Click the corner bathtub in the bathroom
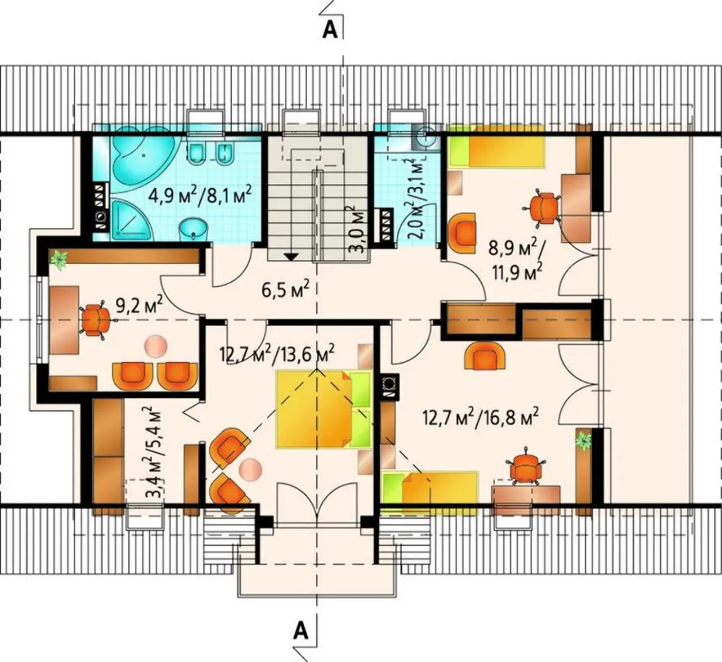coord(141,163)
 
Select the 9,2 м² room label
coord(139,305)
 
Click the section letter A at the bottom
coord(300,629)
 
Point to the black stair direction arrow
coord(291,257)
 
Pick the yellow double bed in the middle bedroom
coord(323,409)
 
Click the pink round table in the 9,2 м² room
coord(155,345)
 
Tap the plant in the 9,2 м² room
coord(59,259)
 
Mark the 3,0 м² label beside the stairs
coord(357,230)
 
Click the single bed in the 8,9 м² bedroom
coord(497,146)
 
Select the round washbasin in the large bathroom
coord(193,228)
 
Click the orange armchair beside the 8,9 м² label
coord(462,231)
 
